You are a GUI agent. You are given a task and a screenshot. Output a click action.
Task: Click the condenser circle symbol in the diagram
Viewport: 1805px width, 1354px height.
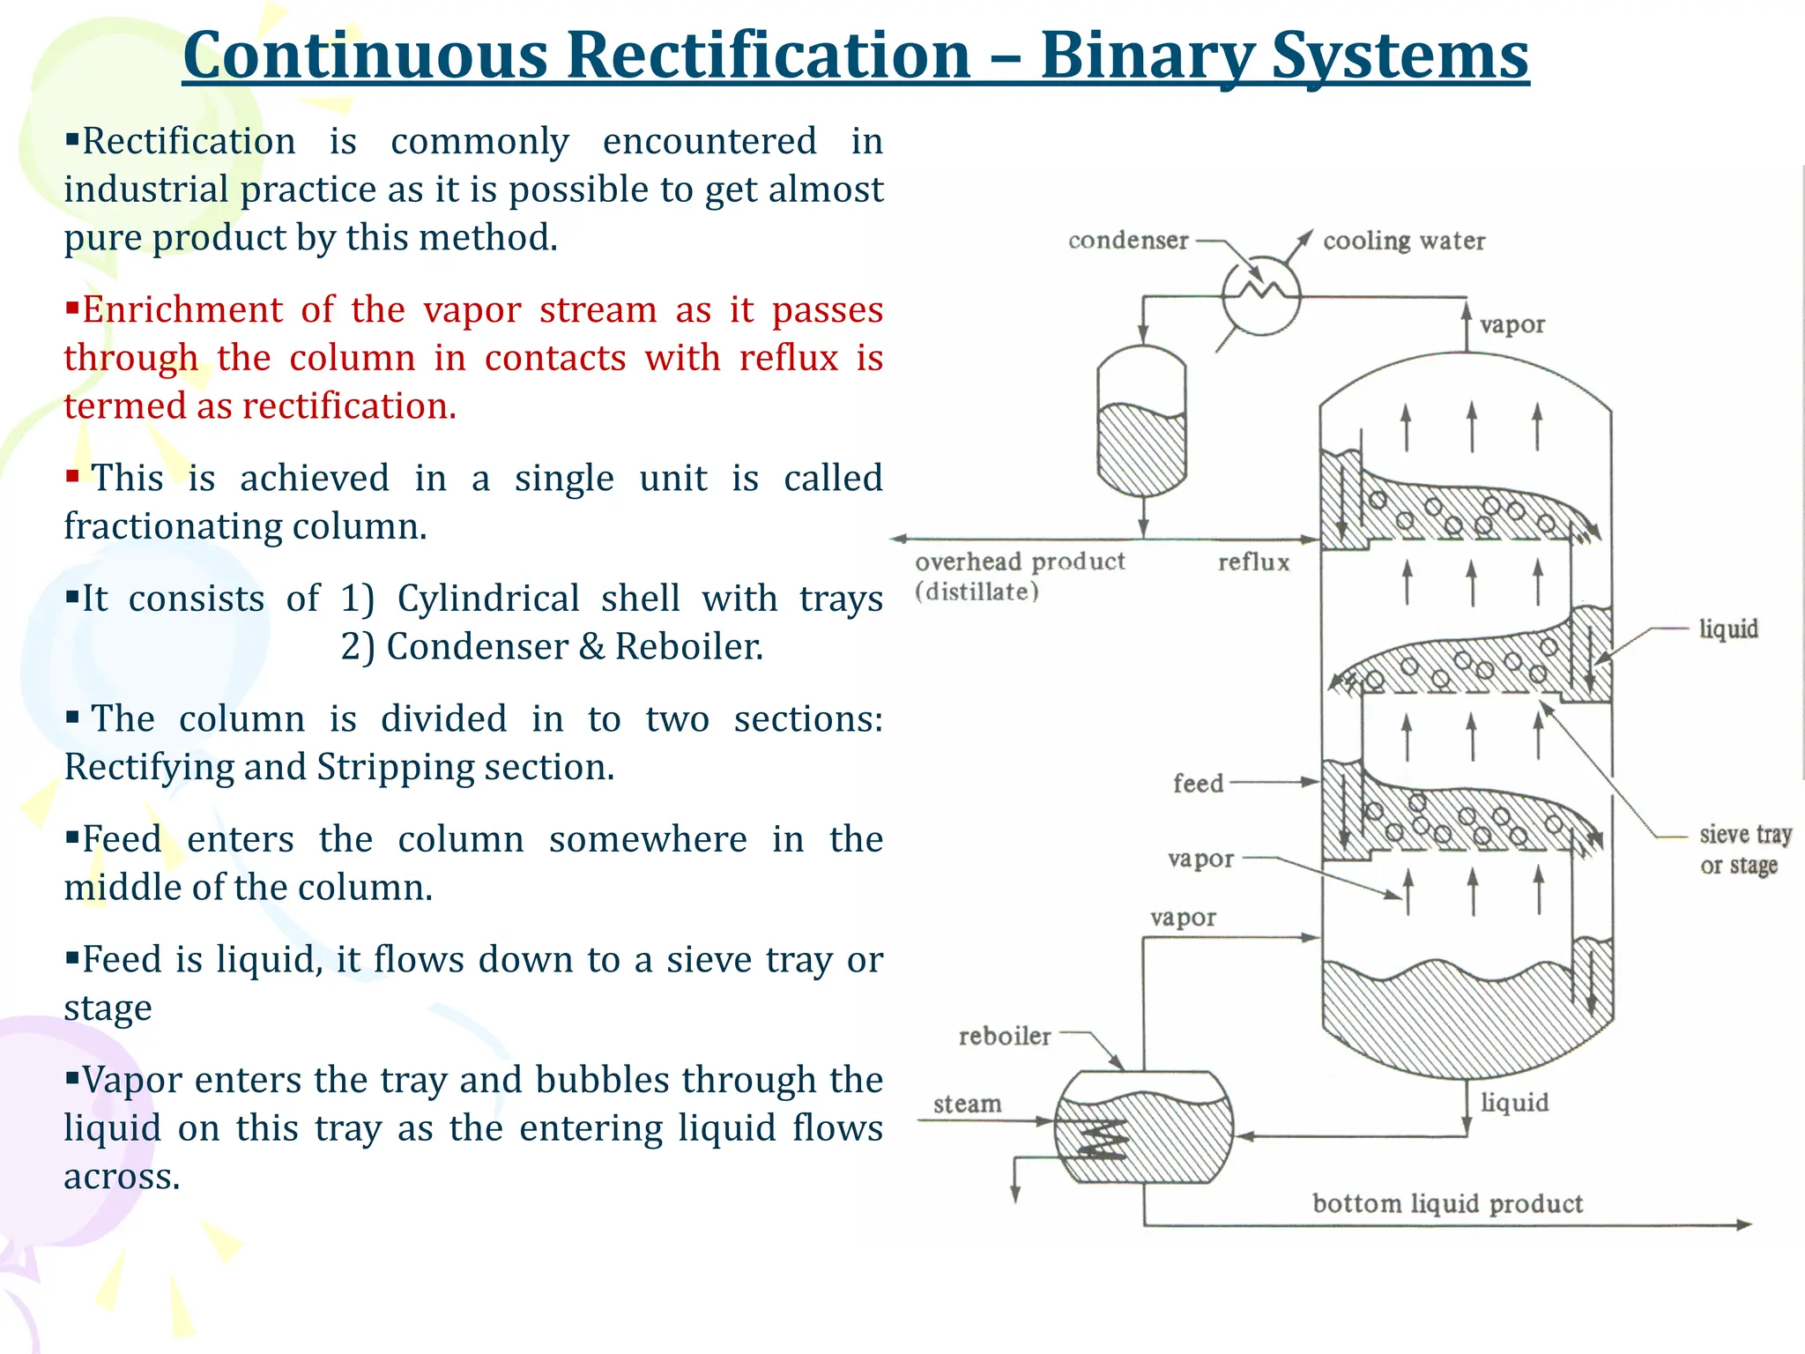click(1261, 295)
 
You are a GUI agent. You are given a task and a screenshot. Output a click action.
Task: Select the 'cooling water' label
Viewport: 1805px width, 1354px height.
click(1403, 241)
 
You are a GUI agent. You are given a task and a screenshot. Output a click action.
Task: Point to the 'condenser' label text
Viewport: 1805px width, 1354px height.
click(1128, 240)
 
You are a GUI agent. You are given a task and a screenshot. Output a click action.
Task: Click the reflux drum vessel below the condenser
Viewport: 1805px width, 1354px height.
click(1142, 420)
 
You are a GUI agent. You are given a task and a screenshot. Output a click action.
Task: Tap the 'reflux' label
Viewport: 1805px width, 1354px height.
click(1253, 562)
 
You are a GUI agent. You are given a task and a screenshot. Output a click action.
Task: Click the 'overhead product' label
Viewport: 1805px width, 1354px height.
click(1020, 562)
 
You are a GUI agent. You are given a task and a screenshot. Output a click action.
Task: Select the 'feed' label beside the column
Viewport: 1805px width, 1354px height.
click(1198, 783)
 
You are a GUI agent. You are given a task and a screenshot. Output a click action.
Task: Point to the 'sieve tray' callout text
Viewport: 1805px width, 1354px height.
click(1745, 834)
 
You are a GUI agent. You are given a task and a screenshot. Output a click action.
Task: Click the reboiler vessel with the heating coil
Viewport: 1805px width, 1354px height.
click(1143, 1127)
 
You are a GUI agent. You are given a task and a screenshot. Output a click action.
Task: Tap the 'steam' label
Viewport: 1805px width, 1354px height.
click(967, 1104)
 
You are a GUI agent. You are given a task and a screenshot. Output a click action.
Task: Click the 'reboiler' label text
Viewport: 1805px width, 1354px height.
click(1005, 1036)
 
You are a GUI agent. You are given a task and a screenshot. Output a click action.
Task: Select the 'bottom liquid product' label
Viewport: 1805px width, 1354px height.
click(1447, 1203)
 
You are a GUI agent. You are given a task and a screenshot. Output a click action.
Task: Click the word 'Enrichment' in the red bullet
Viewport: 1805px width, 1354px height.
click(182, 310)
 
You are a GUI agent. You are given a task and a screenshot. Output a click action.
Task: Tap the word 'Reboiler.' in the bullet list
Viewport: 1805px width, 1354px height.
click(688, 647)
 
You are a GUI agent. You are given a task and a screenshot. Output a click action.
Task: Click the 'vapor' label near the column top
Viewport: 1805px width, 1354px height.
click(1512, 324)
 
